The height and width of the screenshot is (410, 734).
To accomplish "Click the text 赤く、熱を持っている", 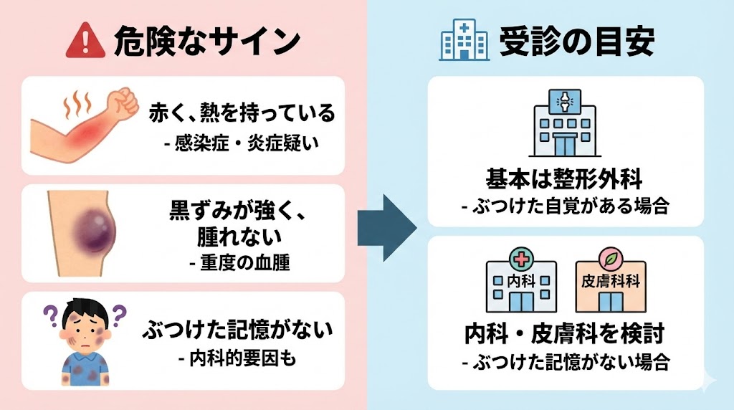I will tap(242, 113).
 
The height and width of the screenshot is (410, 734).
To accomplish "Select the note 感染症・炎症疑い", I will tap(242, 143).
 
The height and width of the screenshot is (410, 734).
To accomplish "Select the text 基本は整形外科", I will tap(566, 179).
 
